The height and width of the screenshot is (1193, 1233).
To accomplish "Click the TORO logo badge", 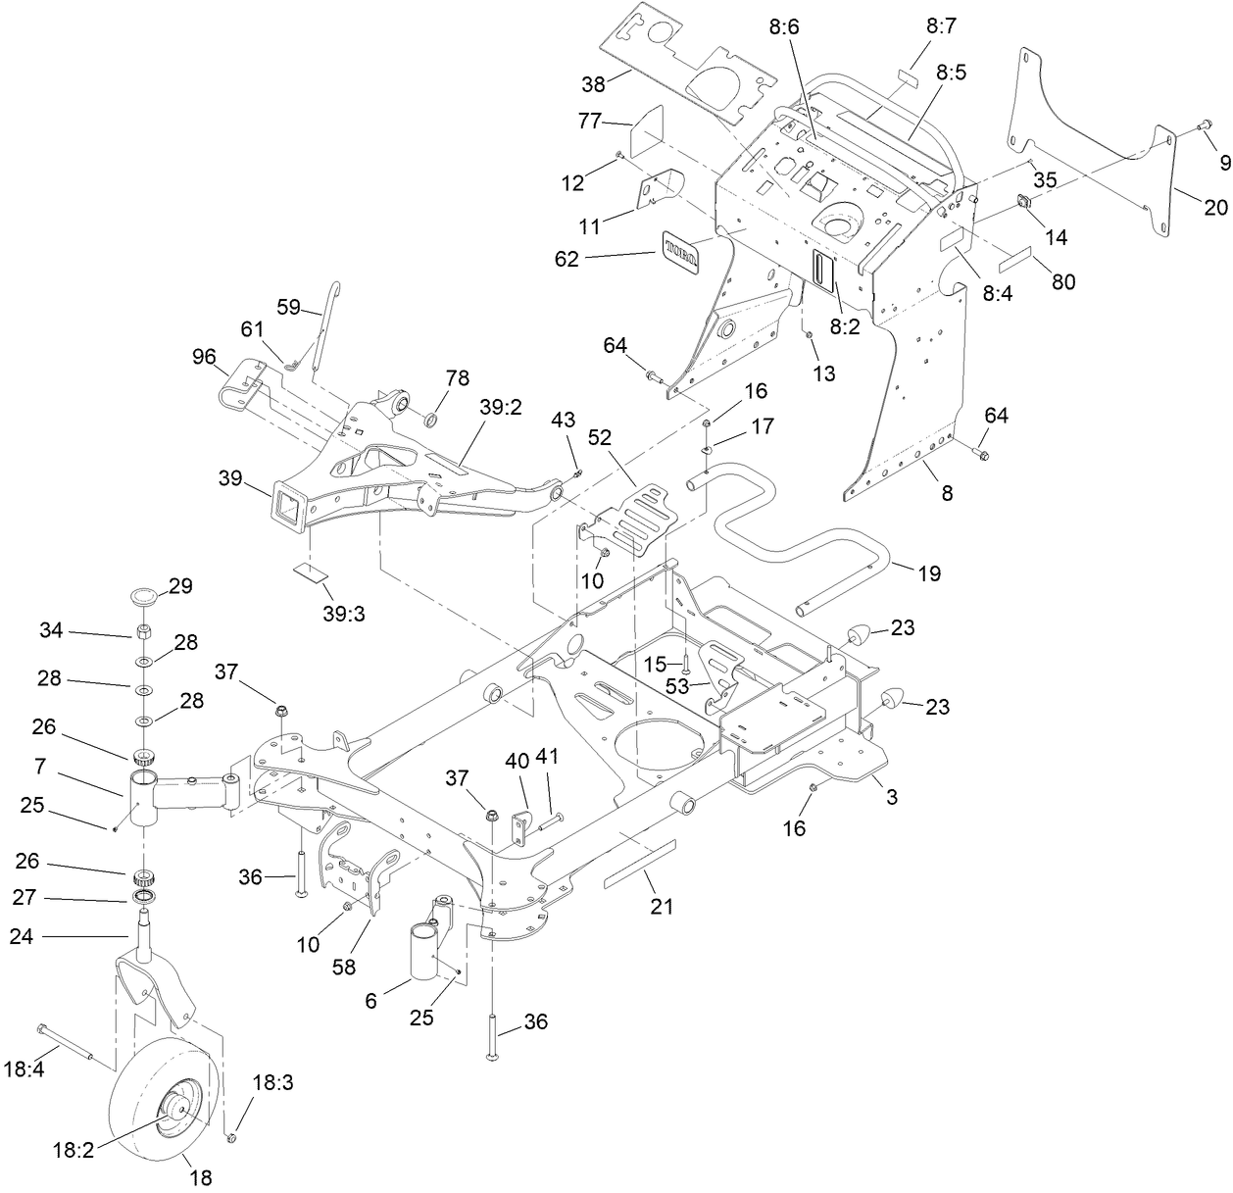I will point(682,249).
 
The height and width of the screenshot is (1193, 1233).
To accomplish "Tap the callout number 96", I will point(204,358).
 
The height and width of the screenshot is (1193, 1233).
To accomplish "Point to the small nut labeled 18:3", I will point(232,1138).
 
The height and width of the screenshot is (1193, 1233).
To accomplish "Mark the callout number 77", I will point(588,122).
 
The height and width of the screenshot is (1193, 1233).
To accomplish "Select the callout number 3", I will point(891,798).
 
